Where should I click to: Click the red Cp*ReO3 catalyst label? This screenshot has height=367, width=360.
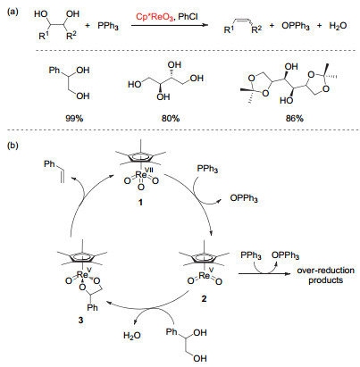point(155,17)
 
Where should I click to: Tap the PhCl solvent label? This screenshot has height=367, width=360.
point(188,16)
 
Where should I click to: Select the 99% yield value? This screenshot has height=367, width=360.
point(74,119)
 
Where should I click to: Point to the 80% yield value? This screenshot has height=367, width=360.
point(171,119)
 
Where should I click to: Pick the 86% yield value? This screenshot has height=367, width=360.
point(294,119)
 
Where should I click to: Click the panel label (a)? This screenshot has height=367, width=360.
point(13,13)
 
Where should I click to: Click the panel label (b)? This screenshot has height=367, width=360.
point(13,146)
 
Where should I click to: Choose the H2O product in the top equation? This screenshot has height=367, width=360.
point(338,26)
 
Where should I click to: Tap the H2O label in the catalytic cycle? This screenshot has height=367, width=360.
point(132,336)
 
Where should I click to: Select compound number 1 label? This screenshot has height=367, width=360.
point(140,203)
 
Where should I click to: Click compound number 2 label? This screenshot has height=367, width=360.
point(204,298)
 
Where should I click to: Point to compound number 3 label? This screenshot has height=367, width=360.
point(80,320)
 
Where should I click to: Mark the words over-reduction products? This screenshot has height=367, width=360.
point(326,275)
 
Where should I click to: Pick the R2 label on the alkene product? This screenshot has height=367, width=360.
point(256,29)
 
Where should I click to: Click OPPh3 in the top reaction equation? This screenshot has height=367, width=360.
point(296,26)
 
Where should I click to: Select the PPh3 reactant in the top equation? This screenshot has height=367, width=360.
point(108,26)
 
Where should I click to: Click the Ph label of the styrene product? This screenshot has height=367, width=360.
point(49,163)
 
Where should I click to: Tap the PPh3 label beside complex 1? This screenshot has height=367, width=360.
point(207,169)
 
